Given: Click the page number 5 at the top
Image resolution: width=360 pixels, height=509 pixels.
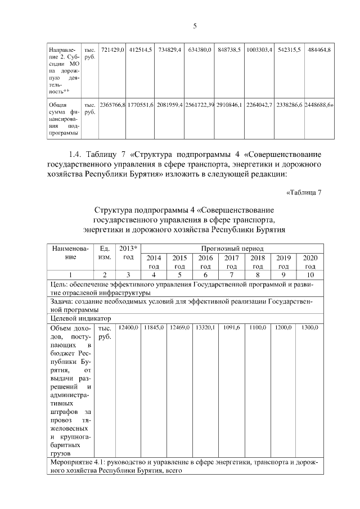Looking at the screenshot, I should point(195,26).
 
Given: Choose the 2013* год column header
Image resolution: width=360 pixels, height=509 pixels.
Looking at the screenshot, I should point(128,253).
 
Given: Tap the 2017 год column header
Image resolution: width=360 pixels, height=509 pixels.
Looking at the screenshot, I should point(232,262).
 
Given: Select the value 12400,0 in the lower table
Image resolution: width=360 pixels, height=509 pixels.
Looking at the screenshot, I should point(128,327).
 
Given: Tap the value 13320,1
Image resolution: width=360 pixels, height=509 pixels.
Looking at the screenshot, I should point(205,327).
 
